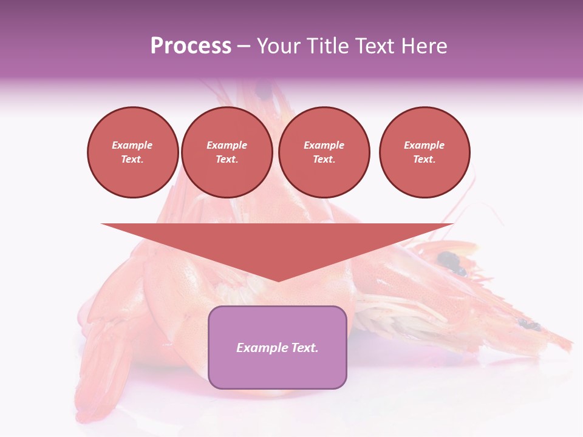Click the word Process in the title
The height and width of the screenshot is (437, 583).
(191, 46)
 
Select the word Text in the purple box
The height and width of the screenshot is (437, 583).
(304, 348)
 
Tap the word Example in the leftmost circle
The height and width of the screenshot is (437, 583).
(132, 145)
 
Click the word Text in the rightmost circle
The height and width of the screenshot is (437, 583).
(424, 159)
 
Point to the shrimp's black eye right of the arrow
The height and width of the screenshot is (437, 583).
(449, 261)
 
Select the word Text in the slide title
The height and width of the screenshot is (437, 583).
(377, 46)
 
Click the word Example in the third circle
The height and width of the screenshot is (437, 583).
(324, 145)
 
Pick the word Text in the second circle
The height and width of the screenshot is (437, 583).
(227, 159)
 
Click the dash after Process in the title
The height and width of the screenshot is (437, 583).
(244, 46)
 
